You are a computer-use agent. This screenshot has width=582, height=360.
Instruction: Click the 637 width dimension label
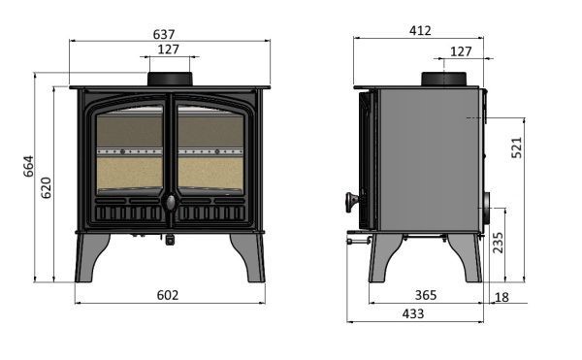(164, 34)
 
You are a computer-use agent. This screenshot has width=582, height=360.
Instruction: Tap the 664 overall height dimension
(28, 166)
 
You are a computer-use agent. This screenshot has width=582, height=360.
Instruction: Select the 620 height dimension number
(46, 188)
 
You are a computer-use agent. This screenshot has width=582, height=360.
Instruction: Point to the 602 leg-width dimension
(168, 295)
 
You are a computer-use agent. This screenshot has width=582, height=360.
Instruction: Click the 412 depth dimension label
(420, 30)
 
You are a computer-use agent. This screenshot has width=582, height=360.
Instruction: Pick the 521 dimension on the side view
(516, 147)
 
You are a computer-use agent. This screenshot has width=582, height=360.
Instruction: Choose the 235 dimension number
(499, 243)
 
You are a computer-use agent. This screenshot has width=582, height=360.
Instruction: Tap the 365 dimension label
(426, 295)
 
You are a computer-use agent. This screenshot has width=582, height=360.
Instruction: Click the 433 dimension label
(413, 314)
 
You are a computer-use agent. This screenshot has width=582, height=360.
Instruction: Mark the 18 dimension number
(501, 297)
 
